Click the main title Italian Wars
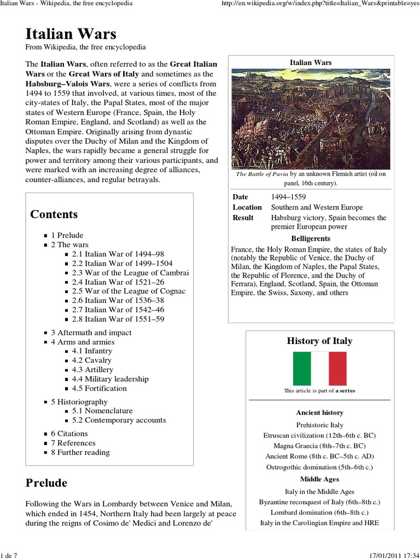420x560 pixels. click(71, 34)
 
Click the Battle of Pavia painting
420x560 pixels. click(311, 119)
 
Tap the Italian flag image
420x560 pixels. click(320, 369)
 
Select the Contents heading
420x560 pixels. click(54, 214)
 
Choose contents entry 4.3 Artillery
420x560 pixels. click(91, 370)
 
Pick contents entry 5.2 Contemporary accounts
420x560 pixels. click(119, 420)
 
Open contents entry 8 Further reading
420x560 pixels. click(80, 452)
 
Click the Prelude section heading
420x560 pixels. click(46, 483)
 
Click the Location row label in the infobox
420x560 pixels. click(247, 207)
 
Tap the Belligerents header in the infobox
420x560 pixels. click(310, 238)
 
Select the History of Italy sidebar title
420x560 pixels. click(319, 341)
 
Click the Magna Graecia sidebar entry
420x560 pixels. click(319, 446)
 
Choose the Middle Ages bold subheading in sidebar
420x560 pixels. click(319, 479)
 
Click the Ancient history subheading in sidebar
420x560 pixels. click(319, 412)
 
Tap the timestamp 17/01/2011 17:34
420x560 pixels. click(390, 555)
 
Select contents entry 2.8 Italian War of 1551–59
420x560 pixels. click(118, 319)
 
